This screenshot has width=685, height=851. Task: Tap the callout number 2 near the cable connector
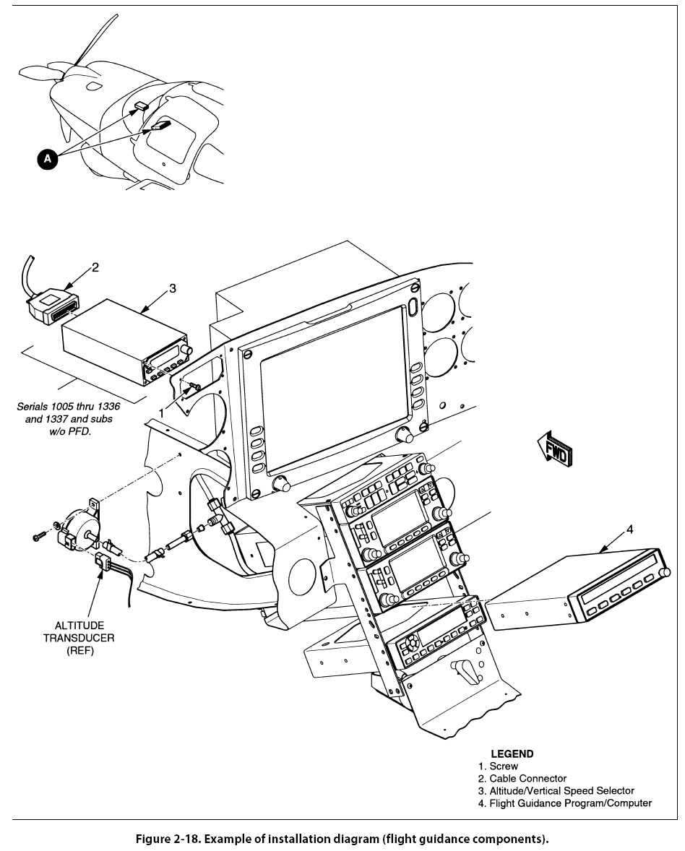point(95,267)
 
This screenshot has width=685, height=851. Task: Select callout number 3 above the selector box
point(172,288)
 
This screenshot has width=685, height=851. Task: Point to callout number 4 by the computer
point(629,529)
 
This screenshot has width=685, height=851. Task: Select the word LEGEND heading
point(512,753)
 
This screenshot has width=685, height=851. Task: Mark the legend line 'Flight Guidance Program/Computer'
point(570,803)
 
